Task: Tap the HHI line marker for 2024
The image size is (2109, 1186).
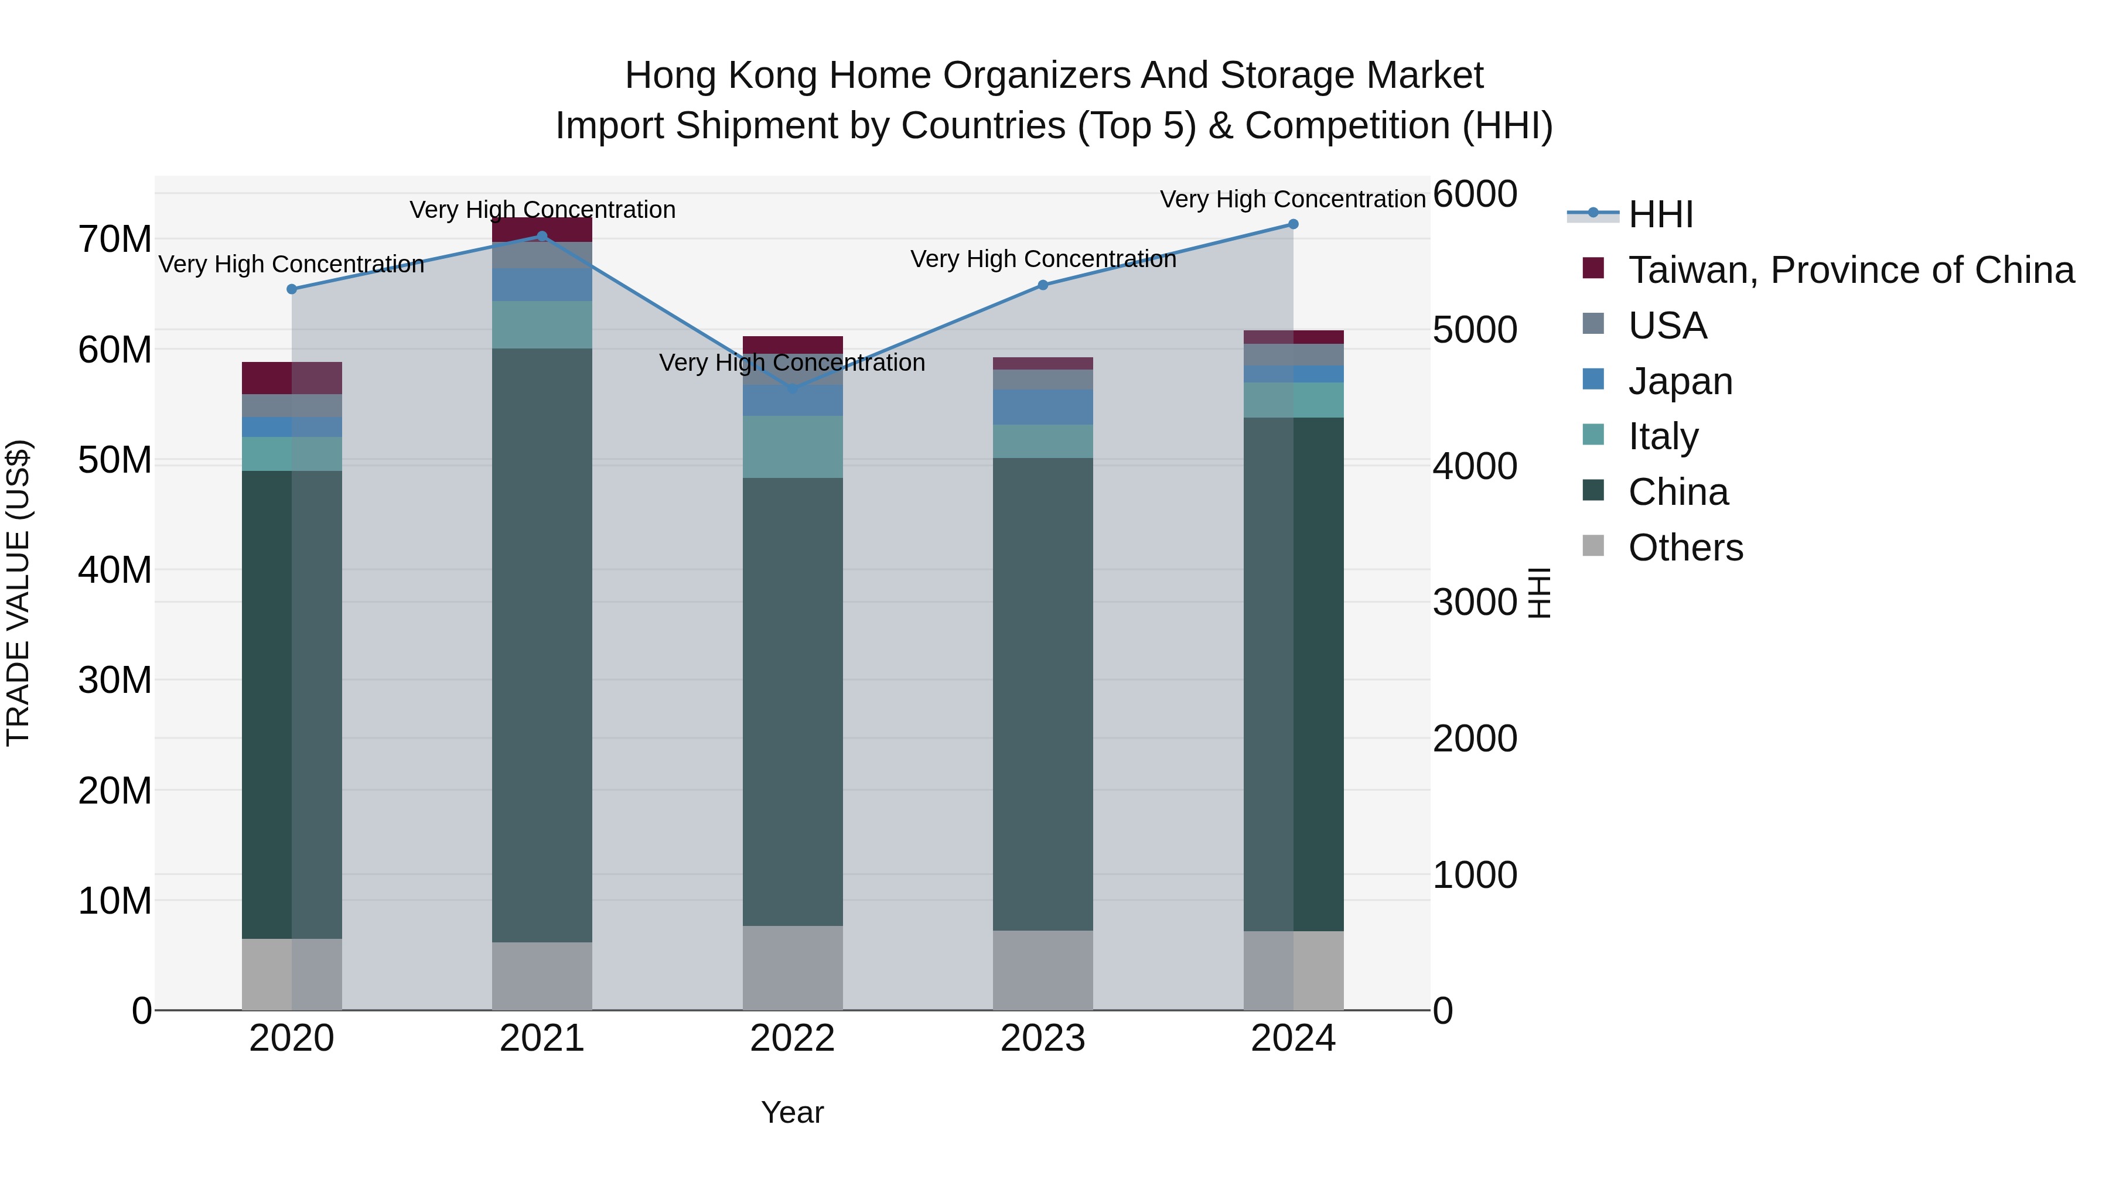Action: coord(1293,224)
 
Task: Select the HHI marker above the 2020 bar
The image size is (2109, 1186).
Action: coord(292,289)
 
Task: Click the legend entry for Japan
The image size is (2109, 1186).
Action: coord(1680,381)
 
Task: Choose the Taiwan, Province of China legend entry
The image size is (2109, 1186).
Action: coord(1850,270)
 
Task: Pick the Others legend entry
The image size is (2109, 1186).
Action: coord(1685,548)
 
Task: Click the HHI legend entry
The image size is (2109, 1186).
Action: coord(1660,214)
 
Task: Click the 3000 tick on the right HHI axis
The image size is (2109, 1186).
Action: coord(1475,603)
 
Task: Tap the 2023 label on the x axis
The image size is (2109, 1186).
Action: coord(1042,1038)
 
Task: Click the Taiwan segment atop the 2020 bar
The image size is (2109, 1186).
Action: coord(292,378)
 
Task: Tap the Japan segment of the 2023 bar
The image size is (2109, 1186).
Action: coord(1042,407)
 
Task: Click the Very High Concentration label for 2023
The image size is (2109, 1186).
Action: coord(1042,259)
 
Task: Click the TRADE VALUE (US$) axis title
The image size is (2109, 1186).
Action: coord(18,593)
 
